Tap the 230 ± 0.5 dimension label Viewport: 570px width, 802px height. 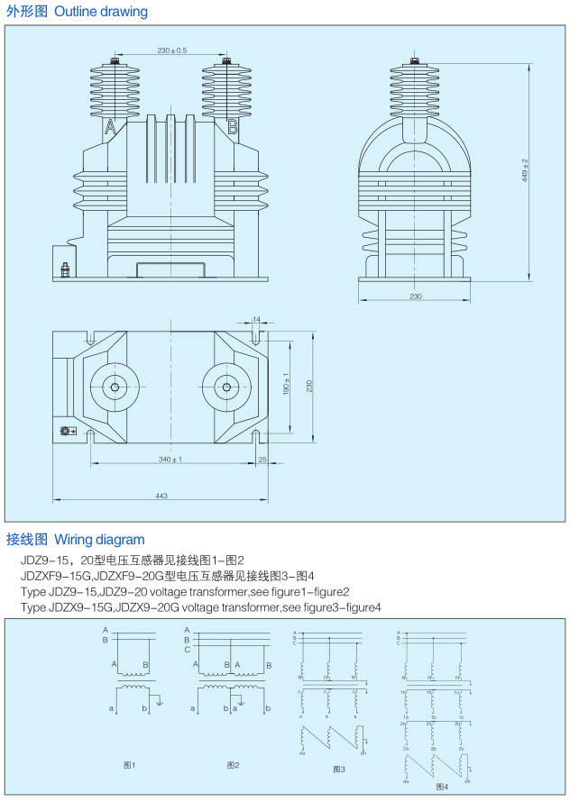[171, 50]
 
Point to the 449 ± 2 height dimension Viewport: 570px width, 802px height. [526, 170]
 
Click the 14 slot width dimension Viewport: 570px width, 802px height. [257, 320]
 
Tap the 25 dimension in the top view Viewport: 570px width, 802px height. [262, 460]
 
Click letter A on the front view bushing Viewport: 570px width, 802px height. [111, 127]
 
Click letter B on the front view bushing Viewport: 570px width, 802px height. [232, 127]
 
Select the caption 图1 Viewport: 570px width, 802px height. [129, 765]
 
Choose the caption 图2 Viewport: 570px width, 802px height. [232, 765]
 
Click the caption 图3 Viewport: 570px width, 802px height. [338, 770]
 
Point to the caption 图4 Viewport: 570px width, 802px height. [441, 787]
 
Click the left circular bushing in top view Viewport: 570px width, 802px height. [115, 388]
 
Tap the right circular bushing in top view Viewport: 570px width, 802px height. [223, 388]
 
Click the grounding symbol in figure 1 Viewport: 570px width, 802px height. [159, 700]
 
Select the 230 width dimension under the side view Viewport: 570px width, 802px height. [415, 296]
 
